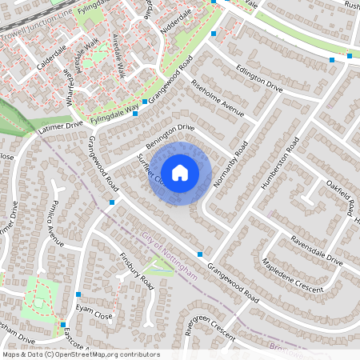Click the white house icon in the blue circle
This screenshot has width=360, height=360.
180,171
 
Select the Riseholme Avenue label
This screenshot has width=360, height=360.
217,97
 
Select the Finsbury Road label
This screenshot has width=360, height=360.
136,271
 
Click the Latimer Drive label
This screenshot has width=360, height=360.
59,126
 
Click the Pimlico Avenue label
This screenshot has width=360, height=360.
55,226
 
